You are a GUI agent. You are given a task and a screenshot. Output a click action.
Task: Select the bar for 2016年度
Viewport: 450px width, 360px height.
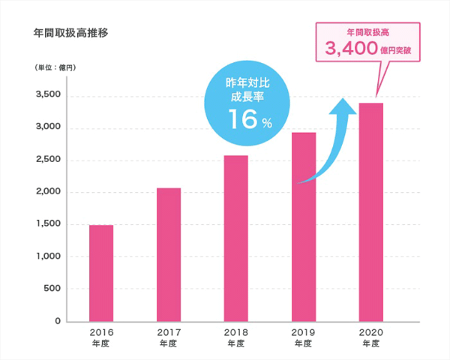tap(101, 273)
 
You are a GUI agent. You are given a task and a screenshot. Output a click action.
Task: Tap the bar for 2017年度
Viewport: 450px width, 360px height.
tap(169, 254)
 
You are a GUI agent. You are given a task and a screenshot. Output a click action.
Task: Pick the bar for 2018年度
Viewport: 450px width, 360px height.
tap(235, 238)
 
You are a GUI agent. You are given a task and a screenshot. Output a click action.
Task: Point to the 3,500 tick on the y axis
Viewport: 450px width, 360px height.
tap(47, 95)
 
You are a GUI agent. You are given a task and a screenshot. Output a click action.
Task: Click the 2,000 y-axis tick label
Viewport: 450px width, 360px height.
tap(47, 192)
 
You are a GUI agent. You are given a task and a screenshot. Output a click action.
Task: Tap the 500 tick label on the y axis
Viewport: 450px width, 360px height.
tap(52, 289)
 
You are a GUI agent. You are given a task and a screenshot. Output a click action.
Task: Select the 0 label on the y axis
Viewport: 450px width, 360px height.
tap(58, 321)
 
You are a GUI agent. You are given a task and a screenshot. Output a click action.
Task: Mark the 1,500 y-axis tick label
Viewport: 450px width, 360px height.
tap(47, 224)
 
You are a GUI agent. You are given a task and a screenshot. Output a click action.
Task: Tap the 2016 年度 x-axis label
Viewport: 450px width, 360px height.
tap(101, 336)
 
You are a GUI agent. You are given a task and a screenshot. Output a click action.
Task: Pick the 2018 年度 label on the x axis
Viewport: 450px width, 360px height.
tap(235, 336)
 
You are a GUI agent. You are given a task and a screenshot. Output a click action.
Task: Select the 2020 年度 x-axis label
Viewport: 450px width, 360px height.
tap(370, 336)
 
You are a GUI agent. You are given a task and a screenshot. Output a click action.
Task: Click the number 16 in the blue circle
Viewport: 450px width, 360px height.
tap(241, 119)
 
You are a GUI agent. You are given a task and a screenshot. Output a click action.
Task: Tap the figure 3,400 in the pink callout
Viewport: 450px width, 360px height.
tap(352, 49)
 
